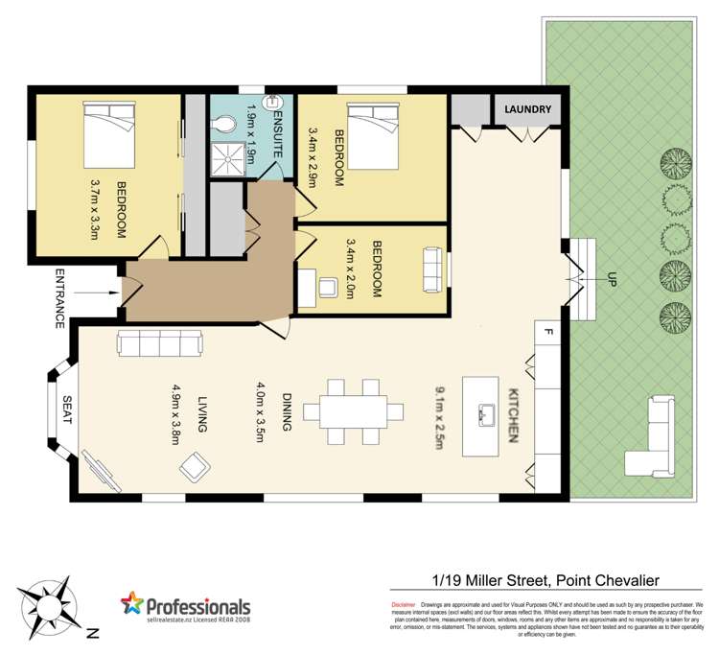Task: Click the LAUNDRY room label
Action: coord(528,110)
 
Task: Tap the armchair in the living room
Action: coord(195,468)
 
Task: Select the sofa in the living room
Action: coord(159,343)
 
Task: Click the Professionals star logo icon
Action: coord(131,605)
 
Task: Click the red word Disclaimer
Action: coord(404,605)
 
